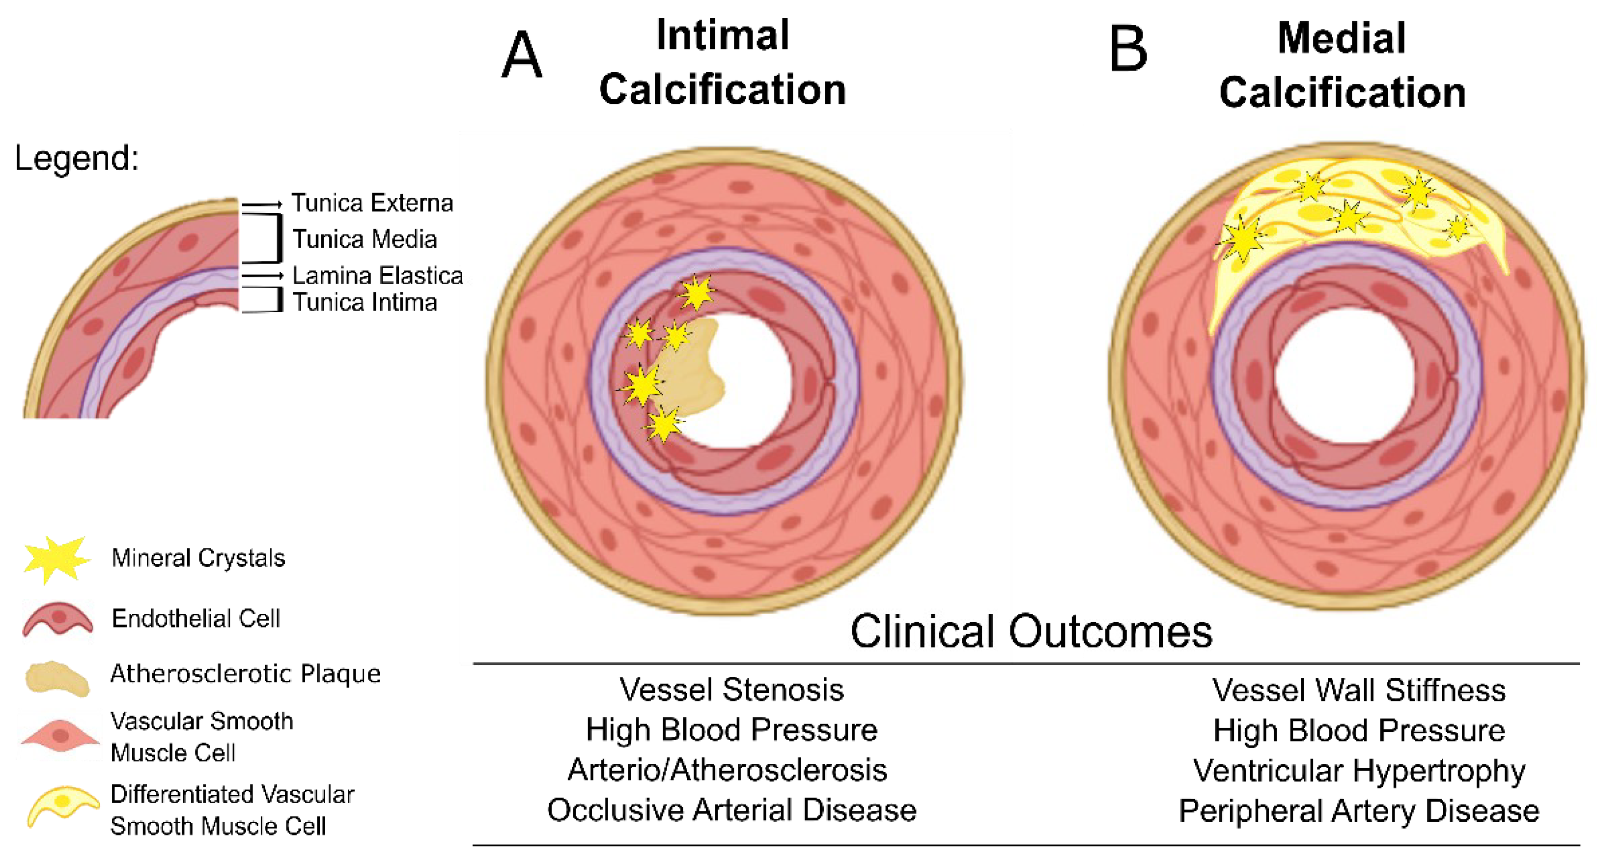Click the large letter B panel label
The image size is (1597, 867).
pos(1128,50)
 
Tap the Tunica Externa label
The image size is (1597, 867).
pos(372,203)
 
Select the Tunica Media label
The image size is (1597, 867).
pos(364,239)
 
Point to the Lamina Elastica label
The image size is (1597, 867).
pos(377,275)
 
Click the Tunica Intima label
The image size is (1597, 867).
pos(364,302)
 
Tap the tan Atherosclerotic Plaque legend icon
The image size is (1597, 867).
pos(57,677)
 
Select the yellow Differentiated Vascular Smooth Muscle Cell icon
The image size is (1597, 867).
pos(62,805)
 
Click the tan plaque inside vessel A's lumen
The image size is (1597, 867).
pos(691,369)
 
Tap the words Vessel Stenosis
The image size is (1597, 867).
pos(731,690)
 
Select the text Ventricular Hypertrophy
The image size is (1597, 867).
pos(1359,771)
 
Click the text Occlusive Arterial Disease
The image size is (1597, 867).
pos(731,810)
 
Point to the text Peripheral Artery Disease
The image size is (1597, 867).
pos(1359,811)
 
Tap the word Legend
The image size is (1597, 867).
pos(76,157)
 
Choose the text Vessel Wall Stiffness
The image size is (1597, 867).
pos(1359,690)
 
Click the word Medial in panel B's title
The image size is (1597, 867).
pos(1342,38)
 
